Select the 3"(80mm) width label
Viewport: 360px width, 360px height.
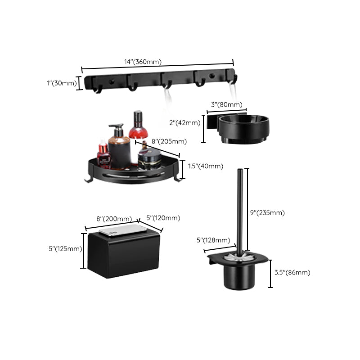tap(226, 105)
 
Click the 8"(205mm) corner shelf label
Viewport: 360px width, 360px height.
tap(169, 141)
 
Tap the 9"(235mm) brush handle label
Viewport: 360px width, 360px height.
tap(267, 212)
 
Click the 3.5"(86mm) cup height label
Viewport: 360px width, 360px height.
tap(292, 272)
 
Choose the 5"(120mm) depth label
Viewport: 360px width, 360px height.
tap(163, 218)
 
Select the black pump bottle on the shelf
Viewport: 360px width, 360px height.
tap(119, 148)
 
